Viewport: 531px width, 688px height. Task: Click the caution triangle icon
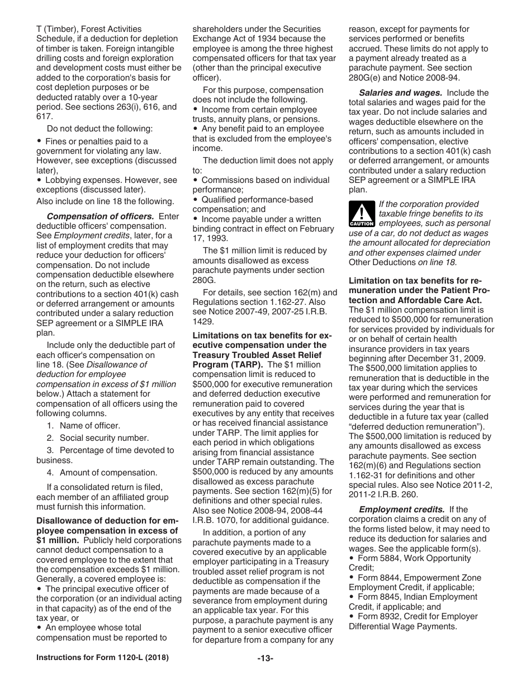click(362, 214)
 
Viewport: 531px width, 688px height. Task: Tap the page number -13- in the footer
click(265, 658)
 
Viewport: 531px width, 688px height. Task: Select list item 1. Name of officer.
click(84, 426)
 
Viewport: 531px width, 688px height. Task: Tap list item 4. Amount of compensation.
click(102, 473)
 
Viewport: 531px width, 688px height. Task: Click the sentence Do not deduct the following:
click(99, 129)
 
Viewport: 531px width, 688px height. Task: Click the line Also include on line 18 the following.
click(105, 201)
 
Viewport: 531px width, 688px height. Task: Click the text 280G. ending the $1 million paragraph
click(204, 280)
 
